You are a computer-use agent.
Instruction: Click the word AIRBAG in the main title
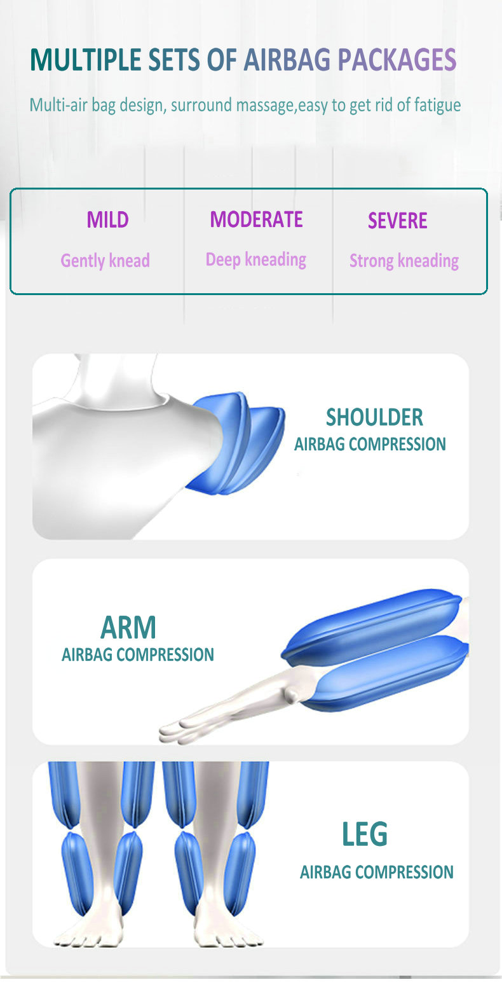tap(287, 60)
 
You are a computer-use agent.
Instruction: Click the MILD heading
tap(107, 219)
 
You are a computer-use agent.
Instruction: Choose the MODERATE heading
tap(256, 219)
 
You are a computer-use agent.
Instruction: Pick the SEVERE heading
tap(397, 221)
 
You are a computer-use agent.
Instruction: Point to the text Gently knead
tap(105, 261)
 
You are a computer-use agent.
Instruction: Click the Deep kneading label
tap(256, 259)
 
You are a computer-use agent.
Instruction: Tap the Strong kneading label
tap(404, 261)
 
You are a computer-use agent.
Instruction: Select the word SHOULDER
tap(374, 417)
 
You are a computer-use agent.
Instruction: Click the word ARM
tap(128, 627)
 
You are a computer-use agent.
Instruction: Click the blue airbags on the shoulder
tap(236, 443)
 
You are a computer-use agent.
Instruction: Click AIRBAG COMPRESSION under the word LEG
tap(377, 872)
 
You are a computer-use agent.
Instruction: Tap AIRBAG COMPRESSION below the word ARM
tap(137, 654)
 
